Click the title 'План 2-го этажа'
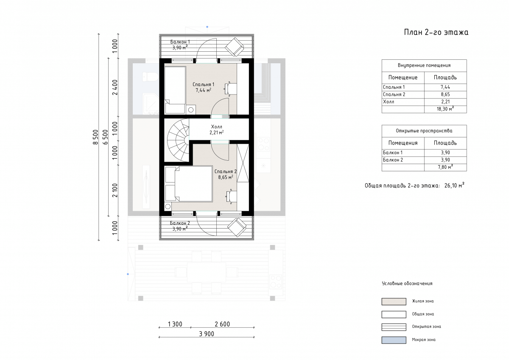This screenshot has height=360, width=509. click(x=436, y=33)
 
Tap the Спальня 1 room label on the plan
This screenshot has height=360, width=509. click(x=203, y=84)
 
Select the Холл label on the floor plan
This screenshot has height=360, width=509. click(x=217, y=127)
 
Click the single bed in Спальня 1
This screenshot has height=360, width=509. click(x=175, y=90)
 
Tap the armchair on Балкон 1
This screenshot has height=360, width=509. click(x=235, y=47)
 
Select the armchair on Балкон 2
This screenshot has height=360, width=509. click(x=237, y=228)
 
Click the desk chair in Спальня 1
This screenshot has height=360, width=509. click(x=230, y=88)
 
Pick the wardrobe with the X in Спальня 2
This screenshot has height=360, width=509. click(x=243, y=163)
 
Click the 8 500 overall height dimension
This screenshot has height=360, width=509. click(x=96, y=137)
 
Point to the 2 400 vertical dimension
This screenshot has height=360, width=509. click(x=115, y=87)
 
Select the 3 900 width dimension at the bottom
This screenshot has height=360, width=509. click(x=207, y=334)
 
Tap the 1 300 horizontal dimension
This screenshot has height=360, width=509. click(x=175, y=324)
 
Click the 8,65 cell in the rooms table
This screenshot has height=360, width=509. click(x=445, y=95)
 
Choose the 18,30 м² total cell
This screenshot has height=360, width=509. click(x=445, y=109)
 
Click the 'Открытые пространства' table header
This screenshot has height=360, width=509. click(x=424, y=131)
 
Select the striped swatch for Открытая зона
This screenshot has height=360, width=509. click(x=394, y=327)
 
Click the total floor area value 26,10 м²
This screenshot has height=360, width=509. click(x=454, y=185)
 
